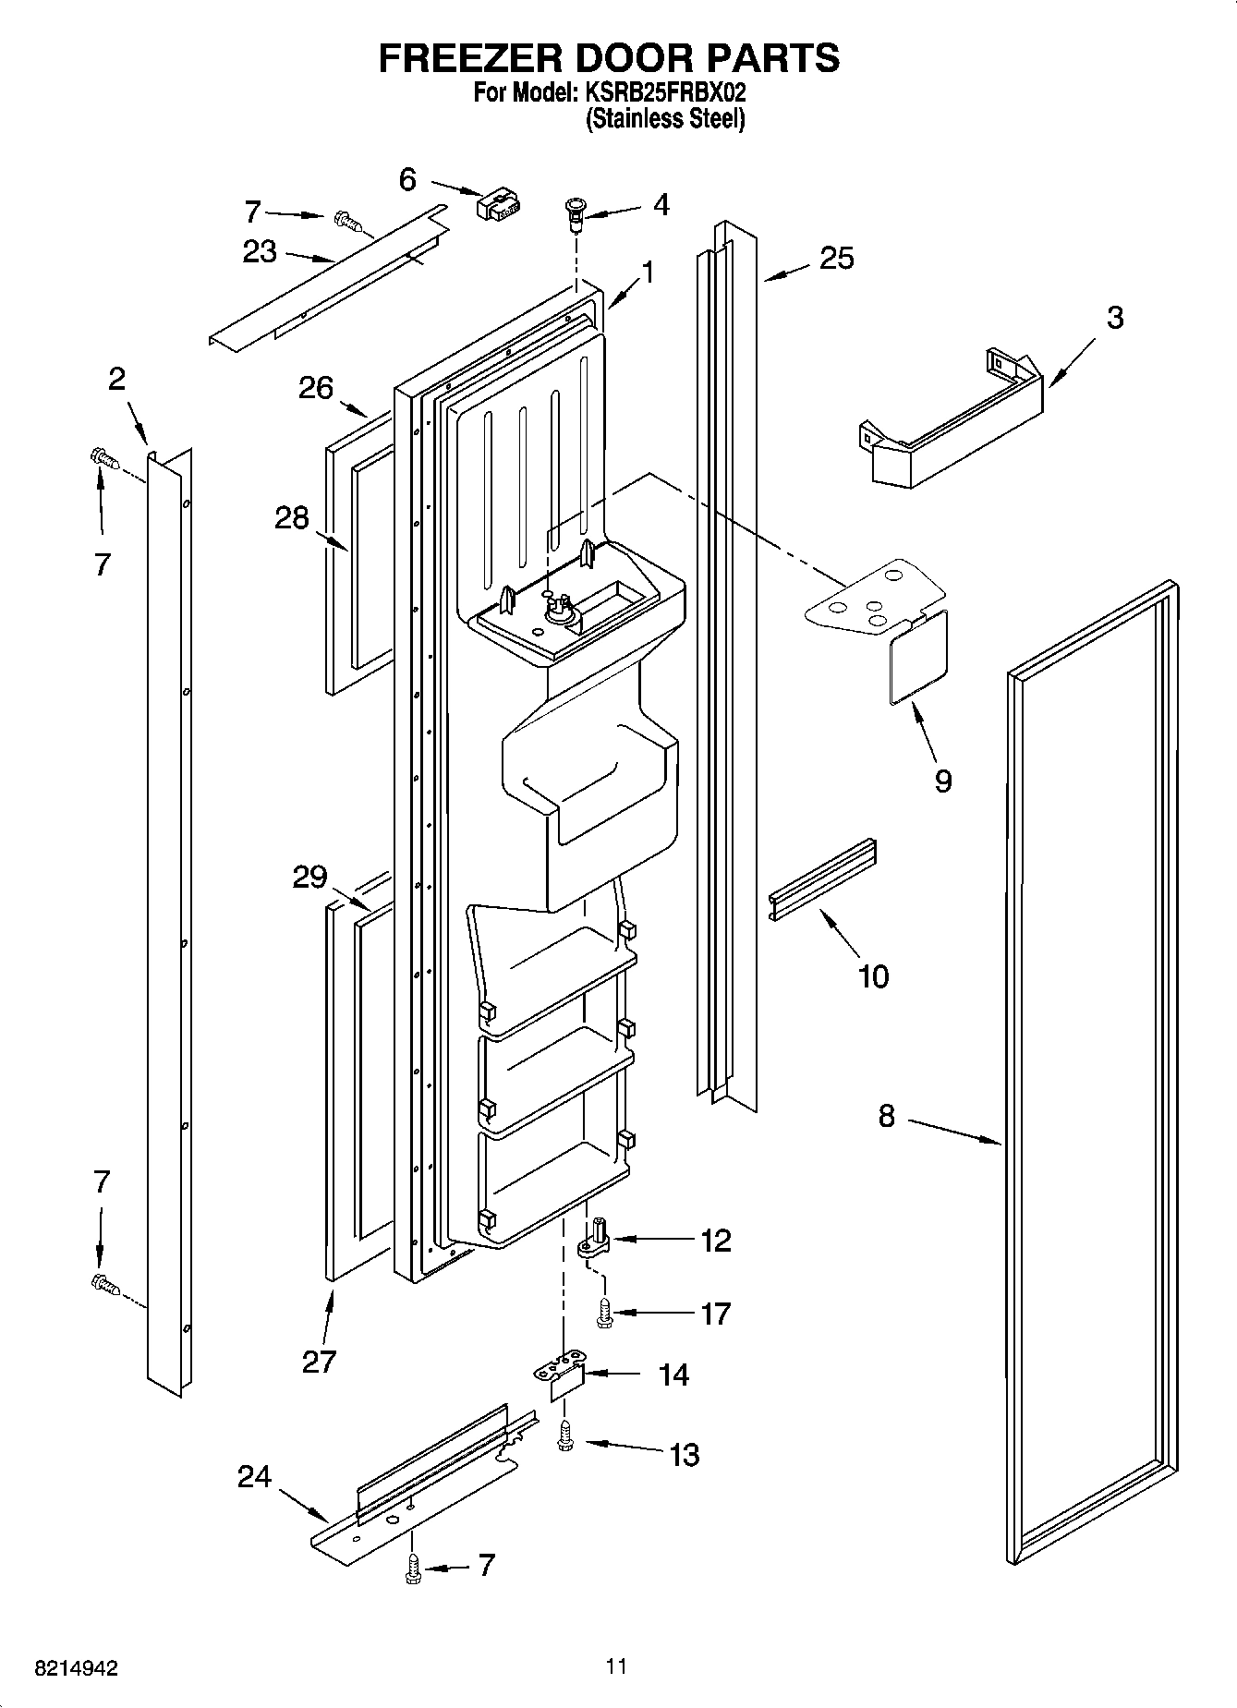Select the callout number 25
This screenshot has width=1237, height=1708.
(x=836, y=259)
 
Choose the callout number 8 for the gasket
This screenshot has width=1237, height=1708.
(x=886, y=1116)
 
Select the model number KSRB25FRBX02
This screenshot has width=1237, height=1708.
(x=663, y=93)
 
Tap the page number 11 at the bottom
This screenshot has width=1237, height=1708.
(x=617, y=1666)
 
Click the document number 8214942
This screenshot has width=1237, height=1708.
(x=77, y=1669)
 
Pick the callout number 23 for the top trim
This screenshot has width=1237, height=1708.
(x=260, y=251)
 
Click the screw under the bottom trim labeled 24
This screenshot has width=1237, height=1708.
(x=413, y=1568)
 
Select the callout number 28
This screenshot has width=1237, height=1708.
(x=291, y=518)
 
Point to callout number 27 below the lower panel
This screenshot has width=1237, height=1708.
(x=319, y=1362)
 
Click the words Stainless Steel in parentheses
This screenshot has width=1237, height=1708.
(x=665, y=119)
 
